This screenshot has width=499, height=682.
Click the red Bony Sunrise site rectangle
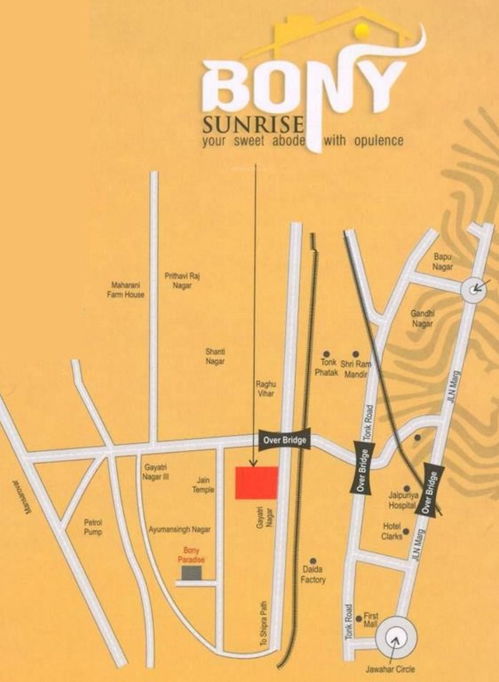tap(256, 483)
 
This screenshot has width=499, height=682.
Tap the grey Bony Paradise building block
tap(189, 574)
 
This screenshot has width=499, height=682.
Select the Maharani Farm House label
tap(125, 289)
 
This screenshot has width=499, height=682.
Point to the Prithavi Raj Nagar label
tap(182, 281)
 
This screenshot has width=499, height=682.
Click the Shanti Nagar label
tap(215, 357)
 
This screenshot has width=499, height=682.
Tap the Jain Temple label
tap(204, 484)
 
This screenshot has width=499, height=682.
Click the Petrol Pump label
tap(93, 527)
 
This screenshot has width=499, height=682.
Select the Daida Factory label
tap(313, 575)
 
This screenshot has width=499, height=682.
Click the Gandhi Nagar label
tap(422, 319)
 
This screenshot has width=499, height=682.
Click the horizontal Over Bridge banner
tap(283, 439)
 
